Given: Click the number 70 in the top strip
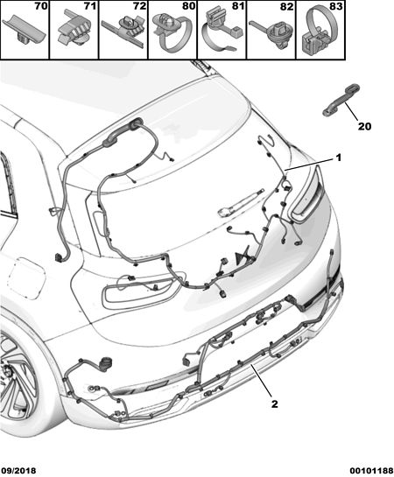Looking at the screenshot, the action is [41, 6].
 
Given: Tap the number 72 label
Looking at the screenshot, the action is [139, 6].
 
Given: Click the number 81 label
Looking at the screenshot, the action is [238, 6].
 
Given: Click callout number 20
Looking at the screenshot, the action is [364, 126].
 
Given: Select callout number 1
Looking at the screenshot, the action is [338, 158].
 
